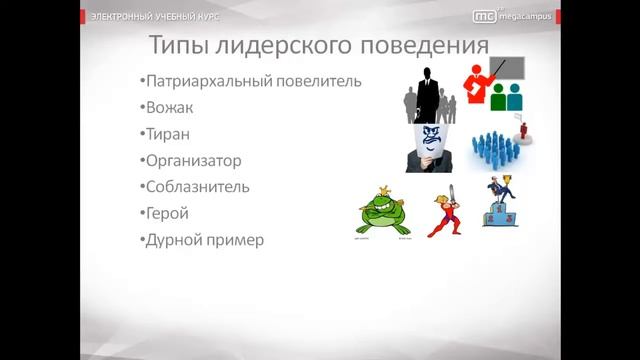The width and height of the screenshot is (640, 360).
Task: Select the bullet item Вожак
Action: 166,107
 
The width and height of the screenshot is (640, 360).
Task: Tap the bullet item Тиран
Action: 164,133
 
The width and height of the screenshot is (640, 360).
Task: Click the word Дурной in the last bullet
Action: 174,239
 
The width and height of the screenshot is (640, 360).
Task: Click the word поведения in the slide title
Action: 421,46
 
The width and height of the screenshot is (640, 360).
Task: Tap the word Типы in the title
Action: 179,46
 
